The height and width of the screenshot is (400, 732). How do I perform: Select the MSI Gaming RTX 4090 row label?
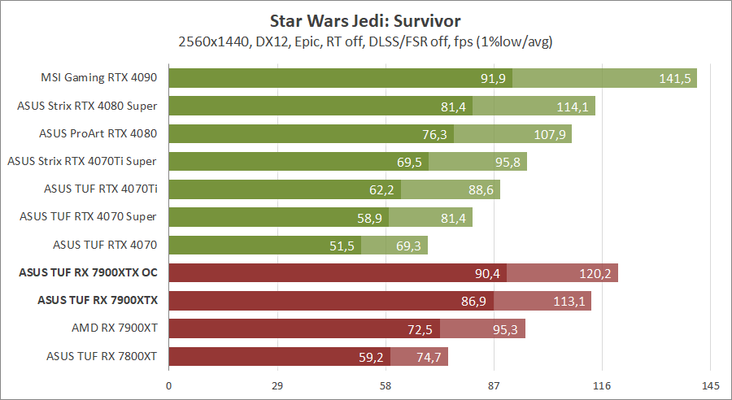[98, 78]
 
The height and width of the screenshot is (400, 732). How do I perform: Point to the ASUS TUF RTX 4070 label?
[104, 244]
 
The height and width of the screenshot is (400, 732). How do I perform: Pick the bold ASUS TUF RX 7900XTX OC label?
[87, 272]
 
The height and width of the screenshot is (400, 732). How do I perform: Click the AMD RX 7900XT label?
[114, 328]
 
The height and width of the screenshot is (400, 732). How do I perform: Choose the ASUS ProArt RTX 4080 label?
[98, 133]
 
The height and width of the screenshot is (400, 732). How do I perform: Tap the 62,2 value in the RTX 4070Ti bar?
[381, 189]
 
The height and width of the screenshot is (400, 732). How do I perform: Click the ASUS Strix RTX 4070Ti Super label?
[81, 161]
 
